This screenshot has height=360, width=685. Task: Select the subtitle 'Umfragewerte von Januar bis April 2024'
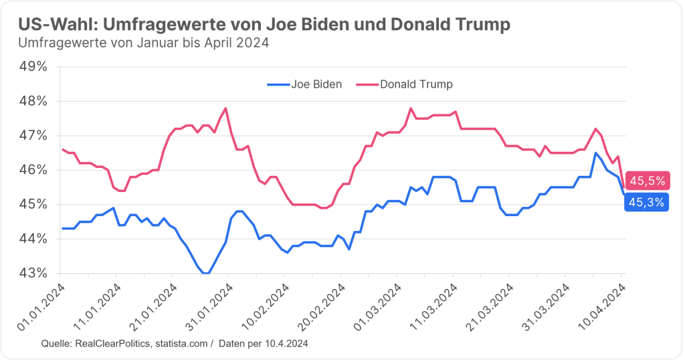click(x=144, y=43)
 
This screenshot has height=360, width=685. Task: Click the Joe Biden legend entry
click(x=304, y=84)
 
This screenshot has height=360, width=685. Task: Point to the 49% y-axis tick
click(x=33, y=67)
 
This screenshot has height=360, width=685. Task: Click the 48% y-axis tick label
click(x=33, y=101)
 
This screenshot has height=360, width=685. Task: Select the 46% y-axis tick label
click(x=33, y=170)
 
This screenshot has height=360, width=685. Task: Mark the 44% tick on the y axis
click(x=33, y=239)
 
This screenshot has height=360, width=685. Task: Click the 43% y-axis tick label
click(x=33, y=273)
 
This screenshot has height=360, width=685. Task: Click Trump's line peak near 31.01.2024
click(x=225, y=108)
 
